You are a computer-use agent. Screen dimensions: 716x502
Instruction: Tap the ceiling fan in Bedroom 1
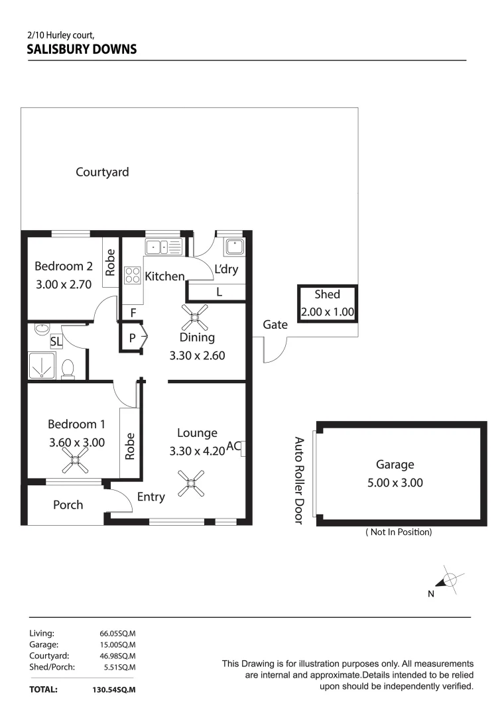pos(76,458)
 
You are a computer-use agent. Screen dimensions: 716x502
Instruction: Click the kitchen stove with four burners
pos(133,274)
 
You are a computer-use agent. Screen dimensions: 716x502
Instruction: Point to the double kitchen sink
pos(163,247)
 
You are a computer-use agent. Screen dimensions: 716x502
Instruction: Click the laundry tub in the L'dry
pos(234,247)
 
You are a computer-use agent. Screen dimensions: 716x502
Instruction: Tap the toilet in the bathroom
pos(68,369)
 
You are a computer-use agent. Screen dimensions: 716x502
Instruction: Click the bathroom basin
pos(42,328)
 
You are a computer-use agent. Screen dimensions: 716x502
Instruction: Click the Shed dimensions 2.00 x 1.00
pos(327,312)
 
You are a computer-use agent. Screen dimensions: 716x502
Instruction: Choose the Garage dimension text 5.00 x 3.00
pos(395,483)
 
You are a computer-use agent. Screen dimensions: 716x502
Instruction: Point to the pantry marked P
pos(133,337)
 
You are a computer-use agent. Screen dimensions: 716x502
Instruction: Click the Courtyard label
pos(102,172)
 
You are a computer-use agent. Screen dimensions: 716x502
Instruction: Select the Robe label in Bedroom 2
pos(111,263)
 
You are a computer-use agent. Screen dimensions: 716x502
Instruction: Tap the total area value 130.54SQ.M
pos(113,689)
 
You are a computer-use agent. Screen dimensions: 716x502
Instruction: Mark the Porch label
pos(68,505)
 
